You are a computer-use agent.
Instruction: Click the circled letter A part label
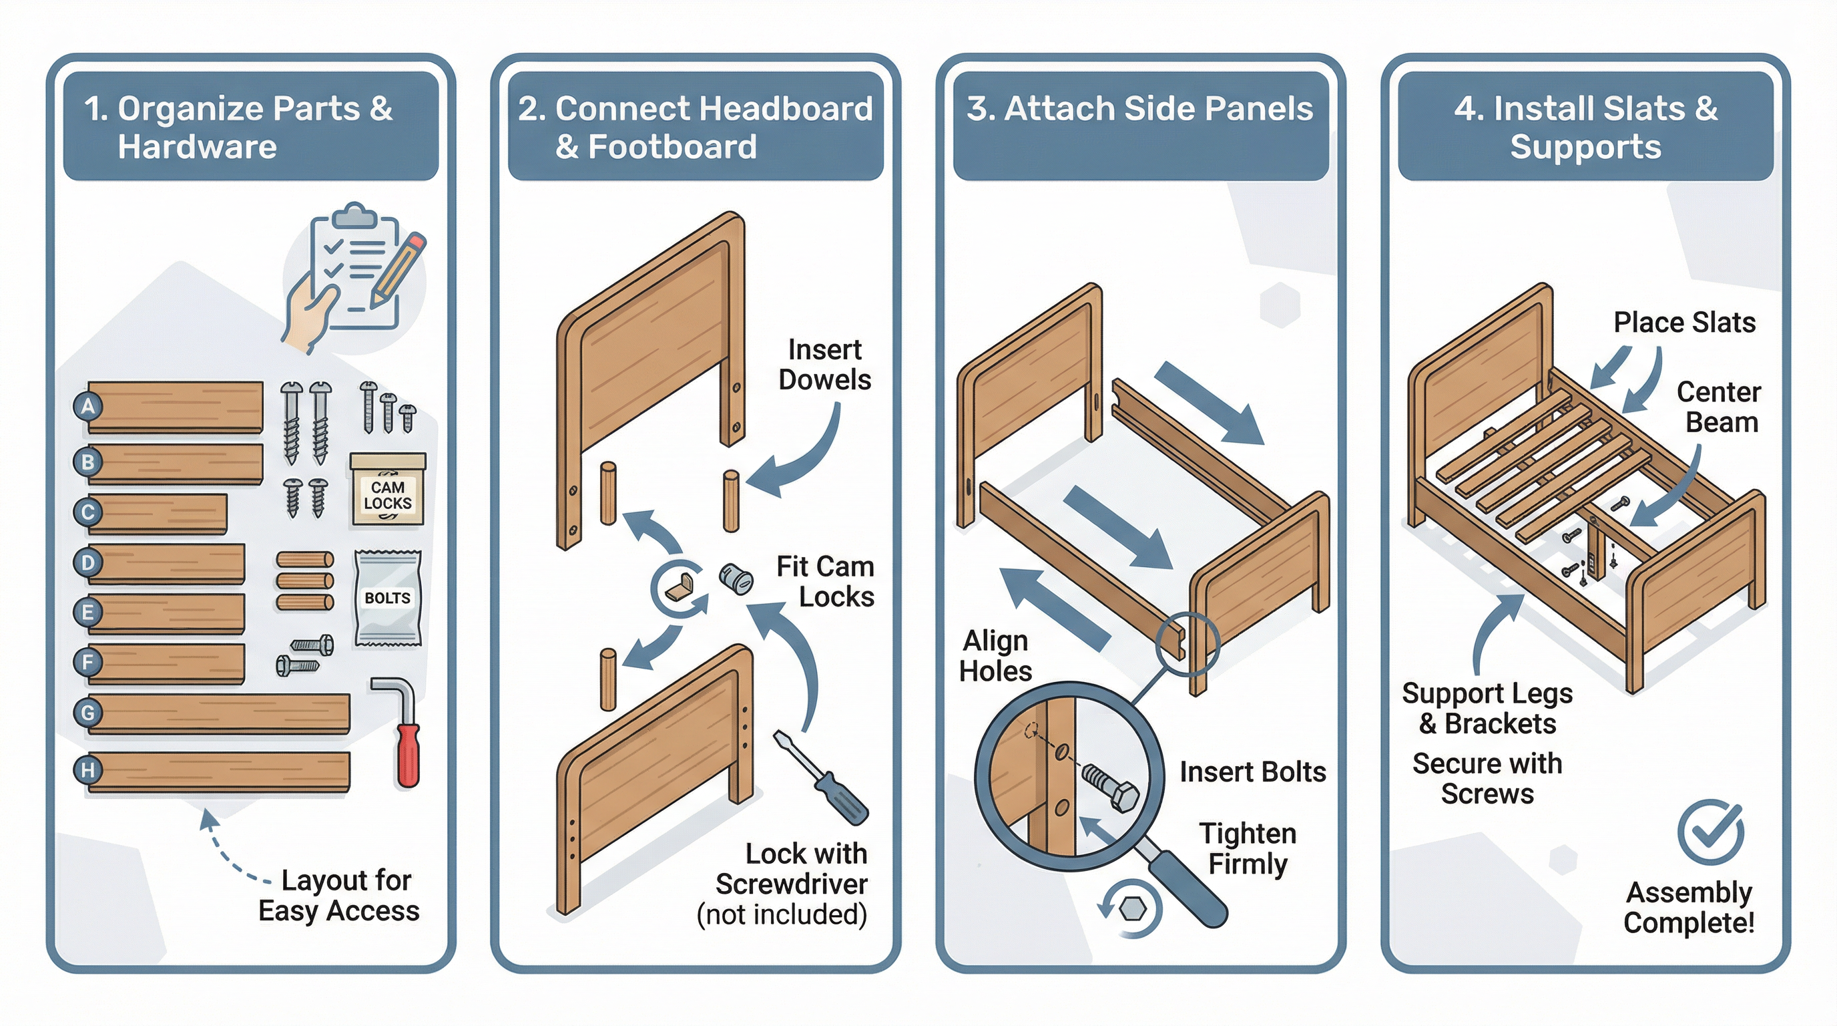[x=87, y=406]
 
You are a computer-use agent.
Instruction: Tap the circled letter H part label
[x=87, y=770]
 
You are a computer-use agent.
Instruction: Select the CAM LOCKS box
[x=387, y=492]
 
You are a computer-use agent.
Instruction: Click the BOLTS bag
[x=388, y=598]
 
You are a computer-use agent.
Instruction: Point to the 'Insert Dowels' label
[x=824, y=365]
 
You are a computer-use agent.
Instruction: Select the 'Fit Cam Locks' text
[x=825, y=582]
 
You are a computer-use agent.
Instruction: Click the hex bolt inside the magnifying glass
[x=1110, y=787]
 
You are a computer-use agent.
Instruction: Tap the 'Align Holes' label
[x=995, y=656]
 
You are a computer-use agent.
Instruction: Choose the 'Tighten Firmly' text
[x=1248, y=848]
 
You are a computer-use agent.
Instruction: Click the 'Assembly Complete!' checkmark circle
[x=1710, y=833]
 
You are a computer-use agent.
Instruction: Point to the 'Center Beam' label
[x=1719, y=407]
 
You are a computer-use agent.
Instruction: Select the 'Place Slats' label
[x=1684, y=323]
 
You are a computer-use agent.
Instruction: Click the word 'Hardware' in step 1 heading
[x=198, y=147]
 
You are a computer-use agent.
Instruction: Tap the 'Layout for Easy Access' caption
[x=338, y=896]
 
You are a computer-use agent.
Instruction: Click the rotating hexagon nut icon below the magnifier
[x=1131, y=909]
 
